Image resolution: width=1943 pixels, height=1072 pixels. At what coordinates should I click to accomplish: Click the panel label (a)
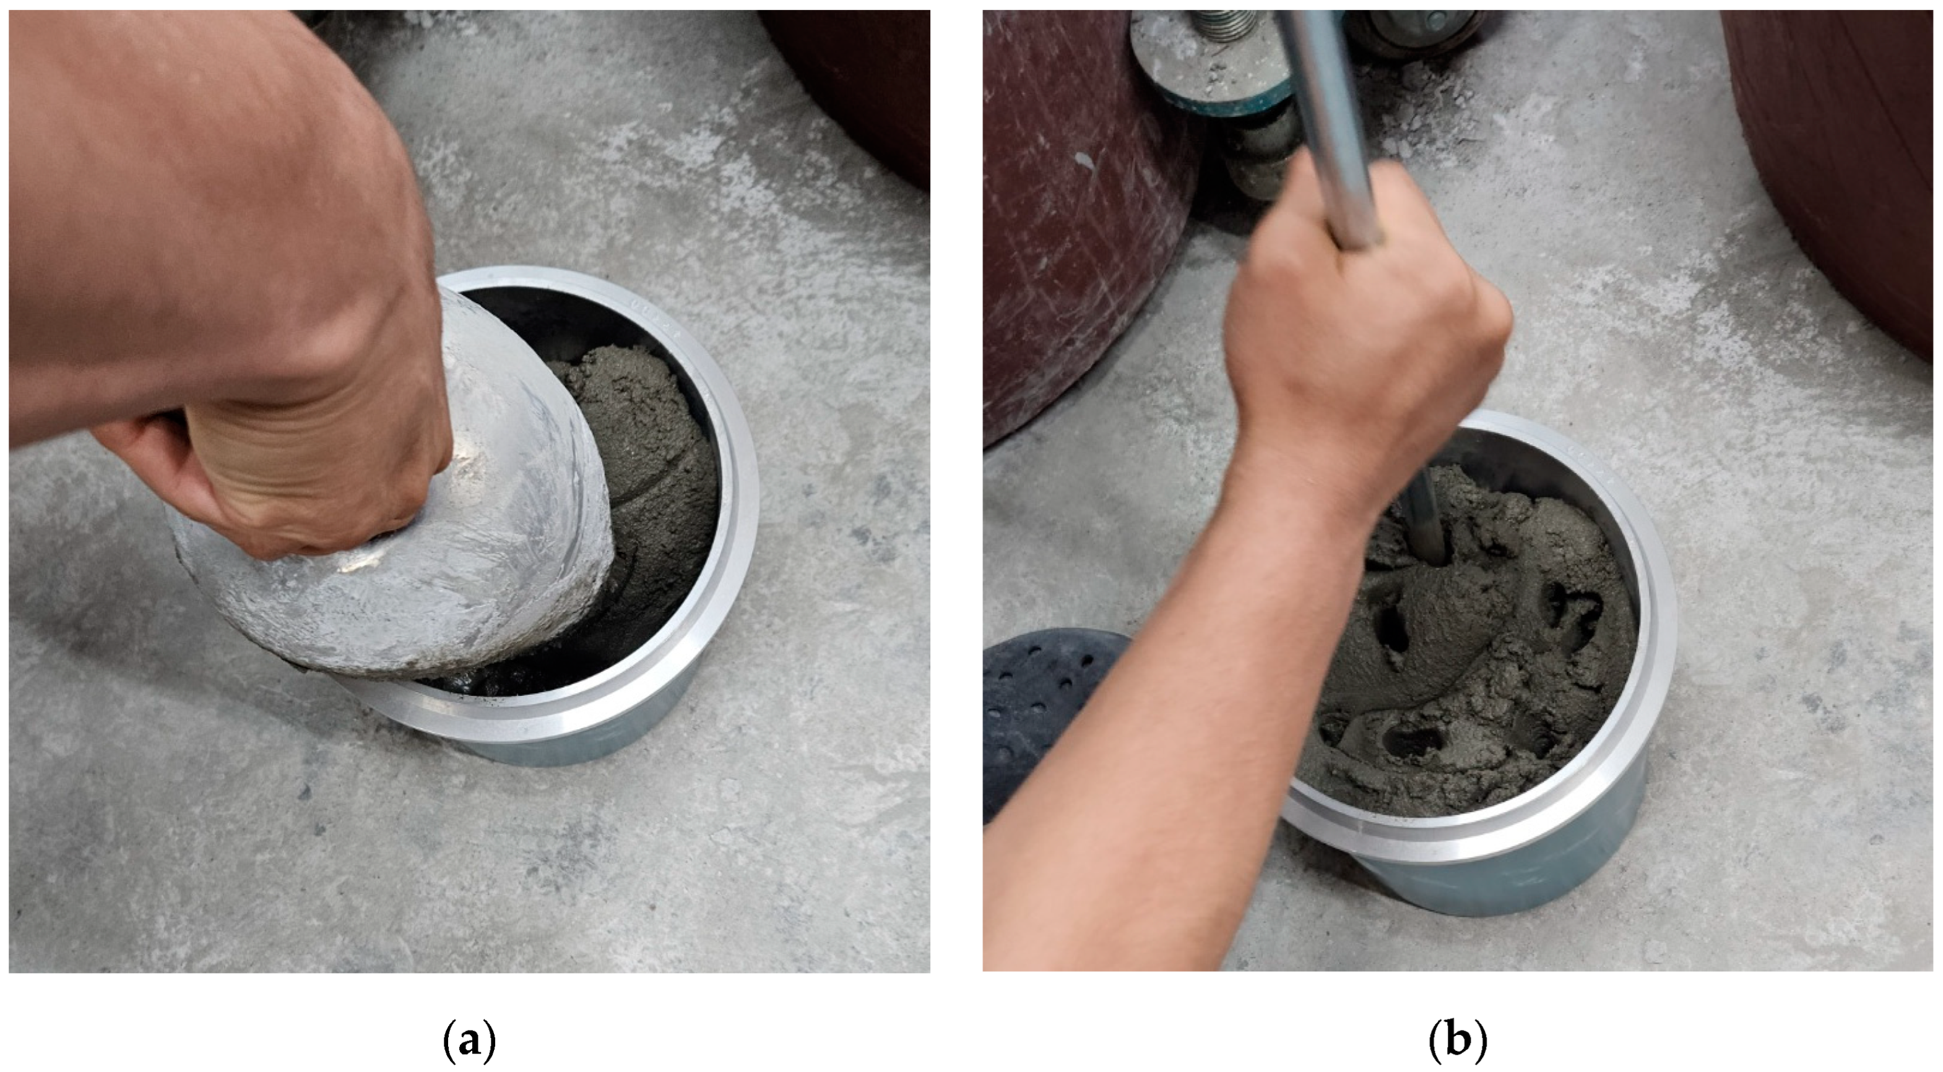(469, 1041)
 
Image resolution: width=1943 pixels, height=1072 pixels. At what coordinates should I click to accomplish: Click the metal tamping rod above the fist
(1335, 113)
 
